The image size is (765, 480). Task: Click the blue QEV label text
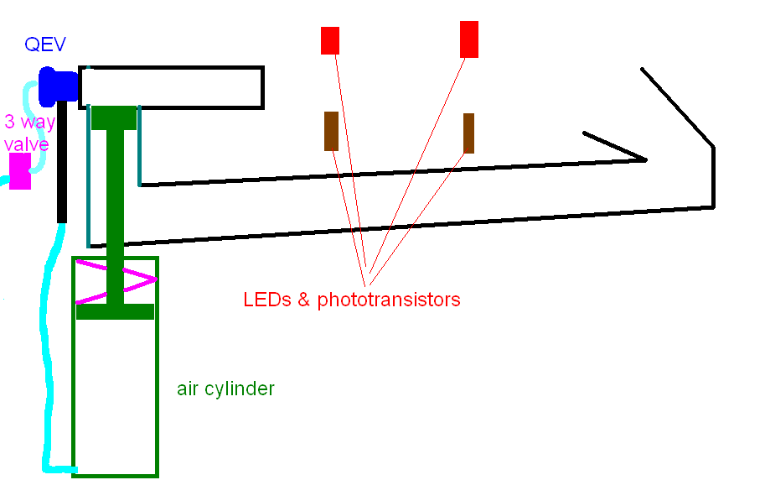coord(45,45)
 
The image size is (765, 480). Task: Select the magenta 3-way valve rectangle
coord(20,170)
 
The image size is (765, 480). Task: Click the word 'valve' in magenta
coord(27,143)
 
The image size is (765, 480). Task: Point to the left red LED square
coord(330,40)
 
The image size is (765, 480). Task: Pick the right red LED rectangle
coord(469,39)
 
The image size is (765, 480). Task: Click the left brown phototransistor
coord(331,131)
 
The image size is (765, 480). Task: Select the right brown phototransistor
coord(468,133)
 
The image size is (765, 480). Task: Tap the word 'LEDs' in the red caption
coord(266,300)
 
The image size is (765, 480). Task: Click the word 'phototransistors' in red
coord(389,300)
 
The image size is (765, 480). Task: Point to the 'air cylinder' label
coord(225,389)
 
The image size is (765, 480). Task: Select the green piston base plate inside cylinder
coord(115,311)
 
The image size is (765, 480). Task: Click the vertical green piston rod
coord(115,210)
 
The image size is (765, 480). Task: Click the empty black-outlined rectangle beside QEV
coord(172,87)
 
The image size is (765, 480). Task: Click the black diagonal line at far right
coord(677,107)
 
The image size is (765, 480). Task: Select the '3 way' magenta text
coord(30,123)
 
